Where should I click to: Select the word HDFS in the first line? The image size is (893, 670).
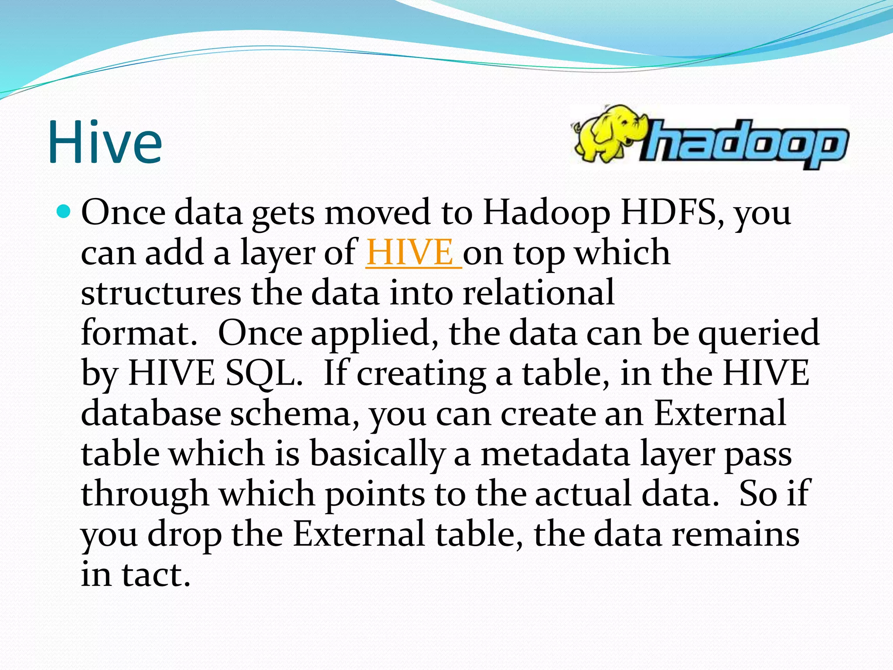pyautogui.click(x=671, y=212)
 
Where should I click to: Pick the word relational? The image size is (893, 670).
pyautogui.click(x=539, y=293)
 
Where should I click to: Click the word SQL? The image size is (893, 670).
pyautogui.click(x=264, y=373)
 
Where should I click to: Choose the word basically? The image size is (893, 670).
pyautogui.click(x=377, y=454)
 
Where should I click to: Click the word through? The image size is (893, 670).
pyautogui.click(x=145, y=494)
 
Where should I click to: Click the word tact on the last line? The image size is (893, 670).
pyautogui.click(x=156, y=574)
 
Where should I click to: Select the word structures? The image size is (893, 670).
pyautogui.click(x=161, y=293)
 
